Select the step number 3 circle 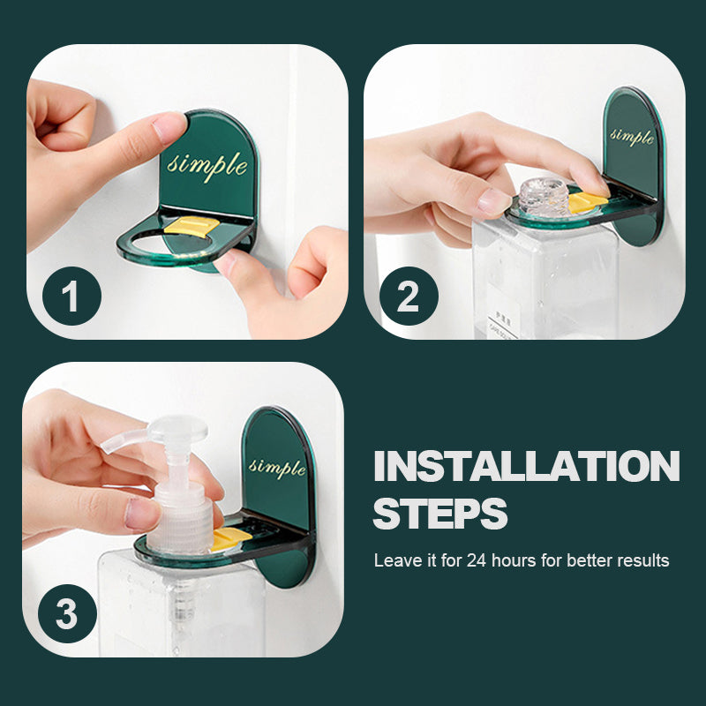tap(67, 614)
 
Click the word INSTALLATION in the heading tap(526, 467)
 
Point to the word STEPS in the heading tap(440, 513)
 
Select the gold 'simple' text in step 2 tap(632, 136)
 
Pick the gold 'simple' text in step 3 tap(277, 466)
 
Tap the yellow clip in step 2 tap(586, 202)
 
